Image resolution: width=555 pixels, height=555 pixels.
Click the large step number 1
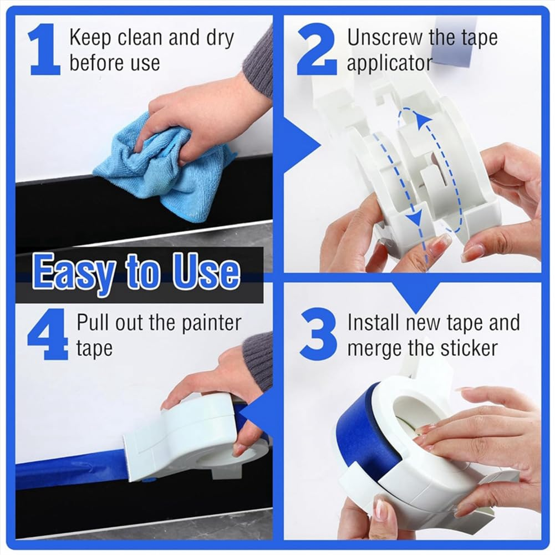pyautogui.click(x=44, y=50)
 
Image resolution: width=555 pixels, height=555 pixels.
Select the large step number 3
pyautogui.click(x=318, y=334)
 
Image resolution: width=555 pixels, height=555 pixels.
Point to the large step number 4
pyautogui.click(x=48, y=335)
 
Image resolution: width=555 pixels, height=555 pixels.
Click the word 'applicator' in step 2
pyautogui.click(x=389, y=63)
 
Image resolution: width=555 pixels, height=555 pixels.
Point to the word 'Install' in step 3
pyautogui.click(x=374, y=322)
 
